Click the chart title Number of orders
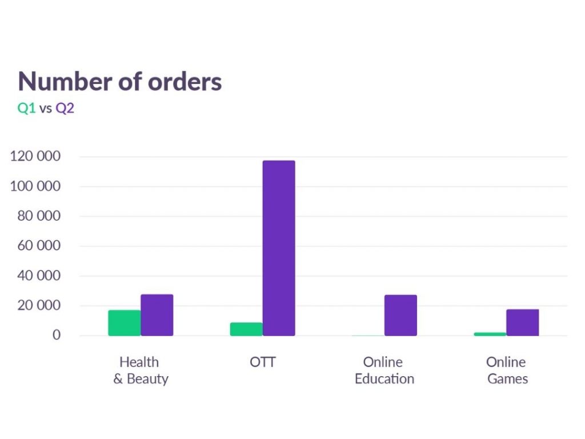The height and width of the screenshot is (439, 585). pos(120,82)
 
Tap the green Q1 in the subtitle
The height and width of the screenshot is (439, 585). pos(27,108)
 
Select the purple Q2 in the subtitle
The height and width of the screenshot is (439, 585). pos(65,108)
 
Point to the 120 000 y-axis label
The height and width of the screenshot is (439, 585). pos(35,157)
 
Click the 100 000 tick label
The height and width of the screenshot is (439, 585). pos(35,186)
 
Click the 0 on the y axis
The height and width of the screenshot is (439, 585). pos(57,335)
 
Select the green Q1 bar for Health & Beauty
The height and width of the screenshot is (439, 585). pos(124,323)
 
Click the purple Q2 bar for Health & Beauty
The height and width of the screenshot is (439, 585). pos(157,315)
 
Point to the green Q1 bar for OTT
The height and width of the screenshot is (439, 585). pos(246,329)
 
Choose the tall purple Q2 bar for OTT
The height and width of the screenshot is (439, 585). pos(279,248)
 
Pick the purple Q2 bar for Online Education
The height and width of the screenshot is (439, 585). pos(400,315)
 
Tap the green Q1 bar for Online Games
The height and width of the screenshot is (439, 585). pos(490,334)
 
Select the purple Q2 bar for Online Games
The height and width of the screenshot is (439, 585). pos(522,322)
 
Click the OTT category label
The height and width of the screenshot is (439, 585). pos(263,362)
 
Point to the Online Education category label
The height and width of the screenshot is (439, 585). pos(384,370)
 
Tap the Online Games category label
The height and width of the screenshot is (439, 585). pos(507,370)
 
